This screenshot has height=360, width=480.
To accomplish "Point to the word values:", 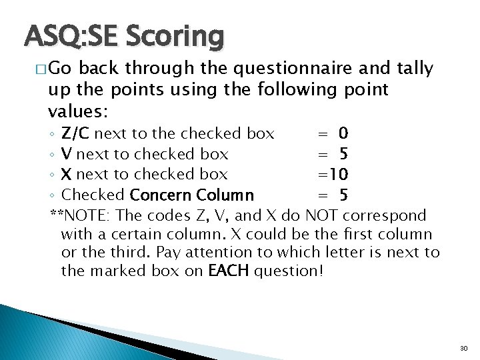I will [78, 109].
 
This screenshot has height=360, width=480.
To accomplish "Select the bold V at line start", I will [67, 154].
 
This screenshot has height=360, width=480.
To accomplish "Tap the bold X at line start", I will [67, 174].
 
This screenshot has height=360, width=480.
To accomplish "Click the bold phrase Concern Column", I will [192, 195].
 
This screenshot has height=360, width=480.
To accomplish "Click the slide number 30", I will [464, 349].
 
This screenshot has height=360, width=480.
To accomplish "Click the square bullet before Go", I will [41, 69].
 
